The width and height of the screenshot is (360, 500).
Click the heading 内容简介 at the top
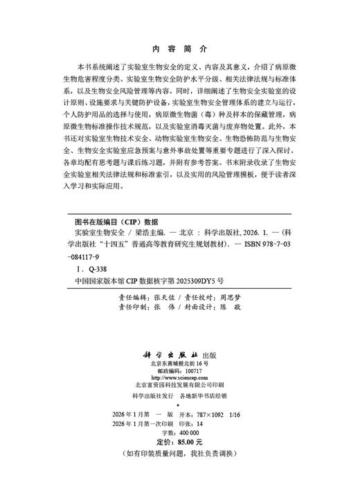click(x=179, y=50)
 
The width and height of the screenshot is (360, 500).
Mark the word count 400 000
click(x=186, y=431)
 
